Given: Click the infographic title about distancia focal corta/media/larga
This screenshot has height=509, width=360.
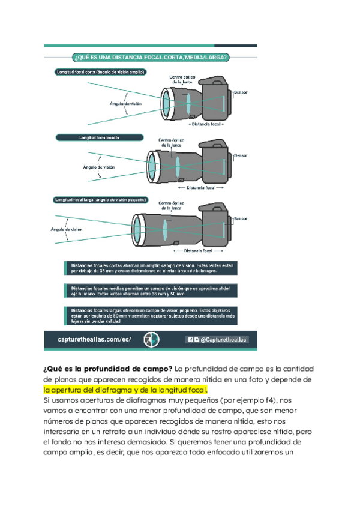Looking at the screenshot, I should pyautogui.click(x=150, y=58).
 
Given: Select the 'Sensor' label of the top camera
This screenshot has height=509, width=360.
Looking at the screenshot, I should pyautogui.click(x=241, y=92).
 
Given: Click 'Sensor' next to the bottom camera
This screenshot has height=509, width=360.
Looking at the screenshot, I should pyautogui.click(x=241, y=218).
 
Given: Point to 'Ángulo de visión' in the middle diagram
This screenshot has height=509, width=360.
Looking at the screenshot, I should pyautogui.click(x=99, y=167).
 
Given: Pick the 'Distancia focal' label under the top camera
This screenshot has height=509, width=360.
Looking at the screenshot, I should pyautogui.click(x=206, y=124).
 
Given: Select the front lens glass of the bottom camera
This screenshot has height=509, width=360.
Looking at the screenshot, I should pyautogui.click(x=137, y=229).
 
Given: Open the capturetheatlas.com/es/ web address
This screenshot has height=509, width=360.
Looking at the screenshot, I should pyautogui.click(x=94, y=340).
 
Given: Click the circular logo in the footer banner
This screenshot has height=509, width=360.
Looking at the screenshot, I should pyautogui.click(x=151, y=340).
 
